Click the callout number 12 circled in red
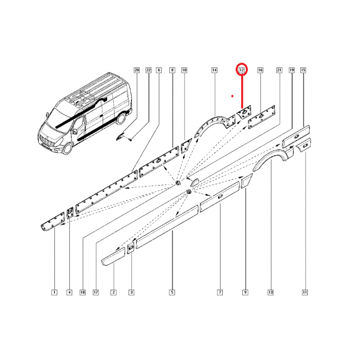[242, 70]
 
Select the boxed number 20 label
[137, 70]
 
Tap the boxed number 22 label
[148, 70]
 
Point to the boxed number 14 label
[214, 70]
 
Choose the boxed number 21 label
[279, 70]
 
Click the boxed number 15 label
[303, 70]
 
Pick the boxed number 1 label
[54, 292]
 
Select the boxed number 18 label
[83, 292]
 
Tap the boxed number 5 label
[172, 292]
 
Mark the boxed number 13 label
[270, 292]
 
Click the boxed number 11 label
[305, 292]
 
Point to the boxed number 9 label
[245, 292]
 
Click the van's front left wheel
[67, 148]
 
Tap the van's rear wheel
[121, 118]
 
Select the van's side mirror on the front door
[74, 131]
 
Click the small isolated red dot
[232, 96]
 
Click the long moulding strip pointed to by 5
[167, 227]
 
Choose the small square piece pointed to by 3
[131, 248]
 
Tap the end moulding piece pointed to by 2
[113, 256]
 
